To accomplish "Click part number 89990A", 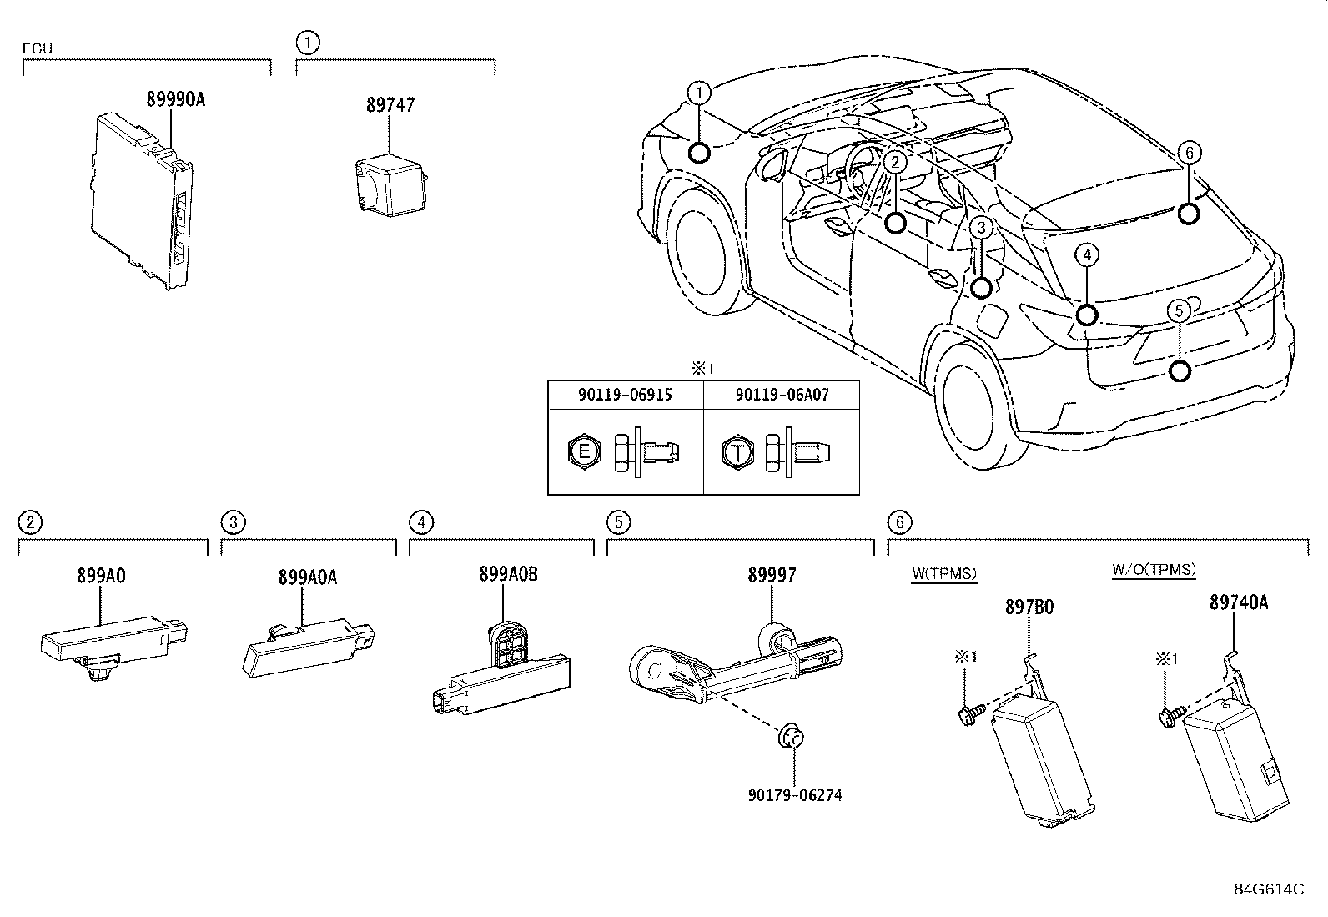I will click(175, 99).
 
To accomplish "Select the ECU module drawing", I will click(143, 200).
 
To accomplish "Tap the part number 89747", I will click(390, 105).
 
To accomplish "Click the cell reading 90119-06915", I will click(625, 395).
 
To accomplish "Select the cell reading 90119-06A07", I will click(782, 395).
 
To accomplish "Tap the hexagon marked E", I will click(584, 453).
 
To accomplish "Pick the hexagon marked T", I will click(737, 453).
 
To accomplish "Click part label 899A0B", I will click(508, 574).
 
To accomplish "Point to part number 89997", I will click(772, 574).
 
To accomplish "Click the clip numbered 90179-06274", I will click(791, 738).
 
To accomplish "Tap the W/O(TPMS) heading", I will click(1154, 570).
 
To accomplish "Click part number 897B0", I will click(1029, 607).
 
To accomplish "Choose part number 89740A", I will click(1239, 602).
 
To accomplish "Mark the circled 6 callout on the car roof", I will click(1190, 152).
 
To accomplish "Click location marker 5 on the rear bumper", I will click(1179, 370).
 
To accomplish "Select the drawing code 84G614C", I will click(1269, 889).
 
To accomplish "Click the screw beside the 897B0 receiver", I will click(970, 713).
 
